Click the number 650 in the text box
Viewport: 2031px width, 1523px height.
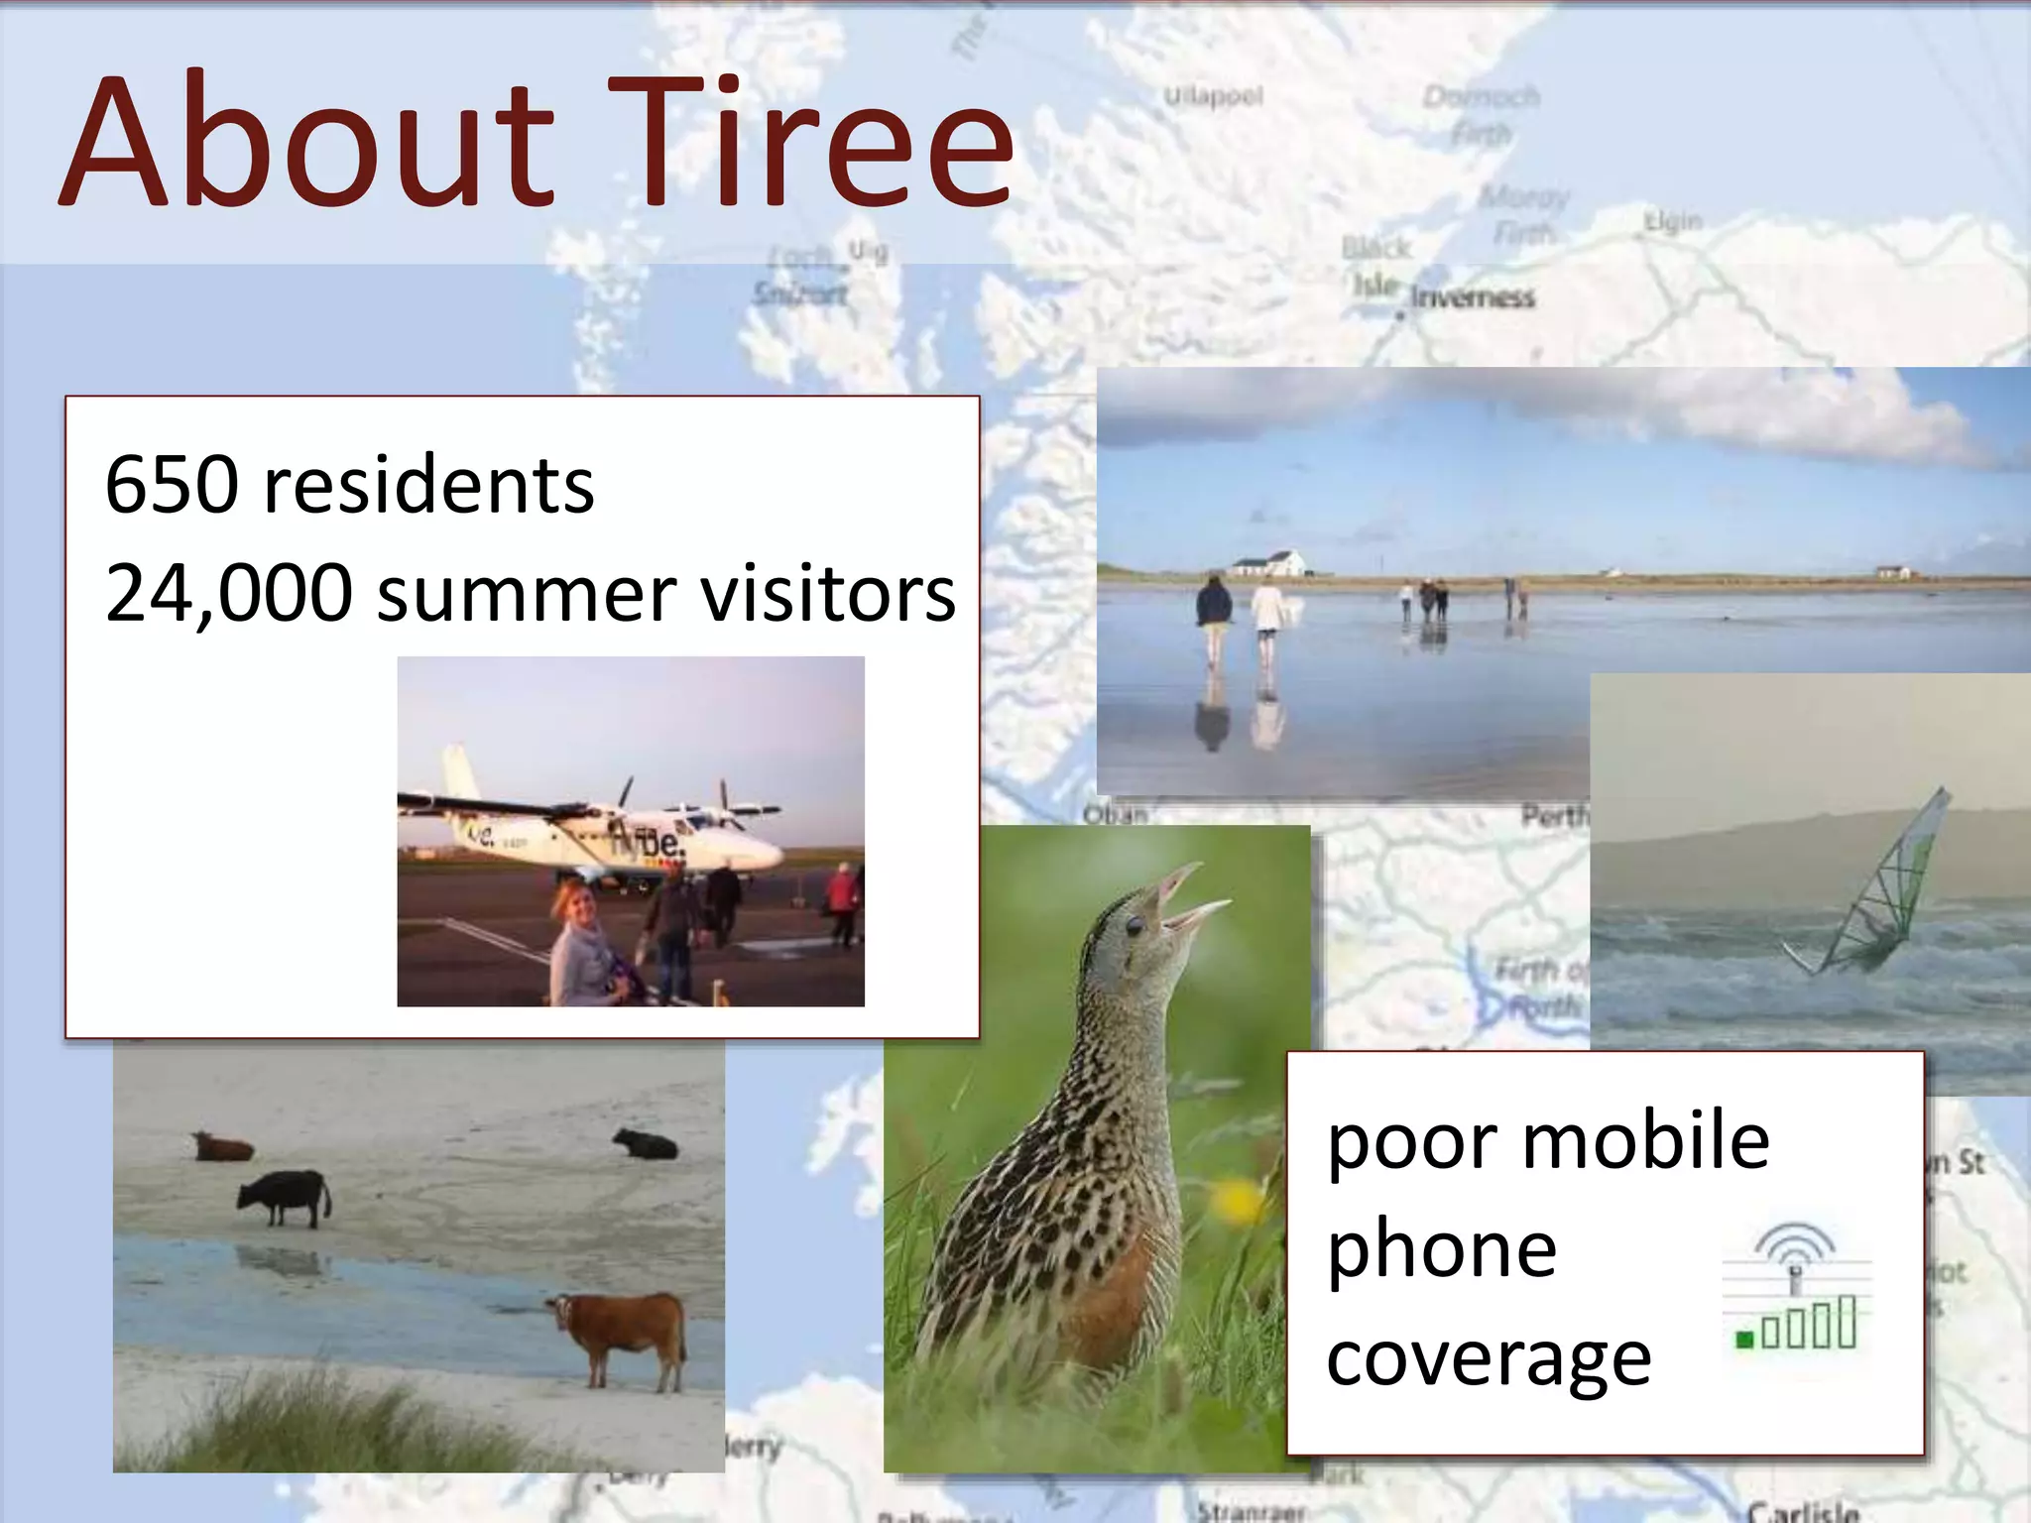(172, 485)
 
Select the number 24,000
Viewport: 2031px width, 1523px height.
(228, 593)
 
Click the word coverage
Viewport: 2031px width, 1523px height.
(1489, 1358)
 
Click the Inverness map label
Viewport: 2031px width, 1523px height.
(1472, 296)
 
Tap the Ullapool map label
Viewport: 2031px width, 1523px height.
(1213, 96)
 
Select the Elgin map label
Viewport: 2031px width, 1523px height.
(1672, 221)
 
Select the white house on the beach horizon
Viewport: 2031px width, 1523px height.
(1268, 564)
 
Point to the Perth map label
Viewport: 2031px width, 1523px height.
(1553, 816)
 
